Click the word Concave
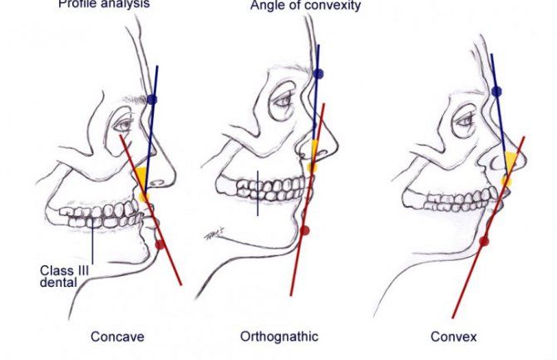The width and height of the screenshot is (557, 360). pyautogui.click(x=117, y=337)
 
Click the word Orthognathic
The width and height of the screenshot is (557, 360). pyautogui.click(x=279, y=337)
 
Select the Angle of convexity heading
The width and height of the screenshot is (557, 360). pyautogui.click(x=294, y=7)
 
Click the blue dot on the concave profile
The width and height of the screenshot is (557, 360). pyautogui.click(x=151, y=100)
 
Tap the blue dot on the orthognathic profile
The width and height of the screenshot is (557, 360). pyautogui.click(x=318, y=73)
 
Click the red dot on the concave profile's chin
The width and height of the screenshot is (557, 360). pyautogui.click(x=160, y=244)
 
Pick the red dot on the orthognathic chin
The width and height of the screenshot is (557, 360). pyautogui.click(x=304, y=229)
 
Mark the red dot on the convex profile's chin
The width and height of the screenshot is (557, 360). pyautogui.click(x=484, y=241)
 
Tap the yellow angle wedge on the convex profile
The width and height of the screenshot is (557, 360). pyautogui.click(x=508, y=165)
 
